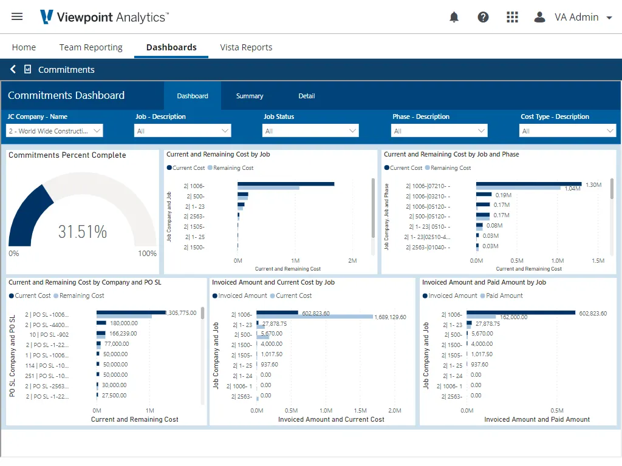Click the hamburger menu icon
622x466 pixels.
tap(17, 16)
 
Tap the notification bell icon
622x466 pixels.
tap(454, 17)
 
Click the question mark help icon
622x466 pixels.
tap(483, 17)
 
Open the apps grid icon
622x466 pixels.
tap(512, 17)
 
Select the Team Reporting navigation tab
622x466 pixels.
tap(91, 47)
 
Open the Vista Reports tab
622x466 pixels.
tap(246, 47)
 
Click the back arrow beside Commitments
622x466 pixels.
tap(13, 69)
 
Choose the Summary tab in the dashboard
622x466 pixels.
tap(250, 96)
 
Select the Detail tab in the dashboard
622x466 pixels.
tap(307, 96)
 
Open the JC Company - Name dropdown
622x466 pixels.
tap(55, 131)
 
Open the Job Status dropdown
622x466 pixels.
tap(310, 131)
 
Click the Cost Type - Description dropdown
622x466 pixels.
tap(567, 131)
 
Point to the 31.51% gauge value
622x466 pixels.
tap(83, 232)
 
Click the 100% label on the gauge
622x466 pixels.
tap(147, 254)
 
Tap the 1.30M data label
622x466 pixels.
tap(593, 185)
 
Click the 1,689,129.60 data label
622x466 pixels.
tap(391, 317)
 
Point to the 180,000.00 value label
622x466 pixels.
tap(124, 323)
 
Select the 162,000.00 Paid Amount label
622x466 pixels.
tap(514, 317)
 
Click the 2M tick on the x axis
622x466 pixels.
tap(352, 261)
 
